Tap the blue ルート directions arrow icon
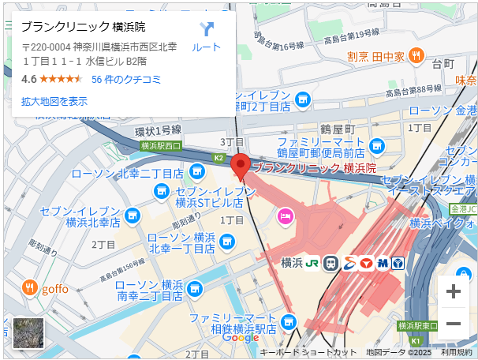pyautogui.click(x=207, y=30)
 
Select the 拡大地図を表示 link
pyautogui.click(x=54, y=101)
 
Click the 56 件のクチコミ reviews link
pyautogui.click(x=126, y=79)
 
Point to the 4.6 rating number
pyautogui.click(x=29, y=79)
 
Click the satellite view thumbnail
pyautogui.click(x=28, y=333)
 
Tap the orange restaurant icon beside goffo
pyautogui.click(x=29, y=287)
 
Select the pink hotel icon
pyautogui.click(x=285, y=214)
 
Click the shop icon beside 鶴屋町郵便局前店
pyautogui.click(x=377, y=146)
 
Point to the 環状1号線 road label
pyautogui.click(x=159, y=130)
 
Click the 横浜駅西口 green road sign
pyautogui.click(x=161, y=145)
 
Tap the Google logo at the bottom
pyautogui.click(x=241, y=337)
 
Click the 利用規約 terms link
pyautogui.click(x=457, y=352)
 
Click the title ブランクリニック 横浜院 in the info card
pyautogui.click(x=88, y=26)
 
